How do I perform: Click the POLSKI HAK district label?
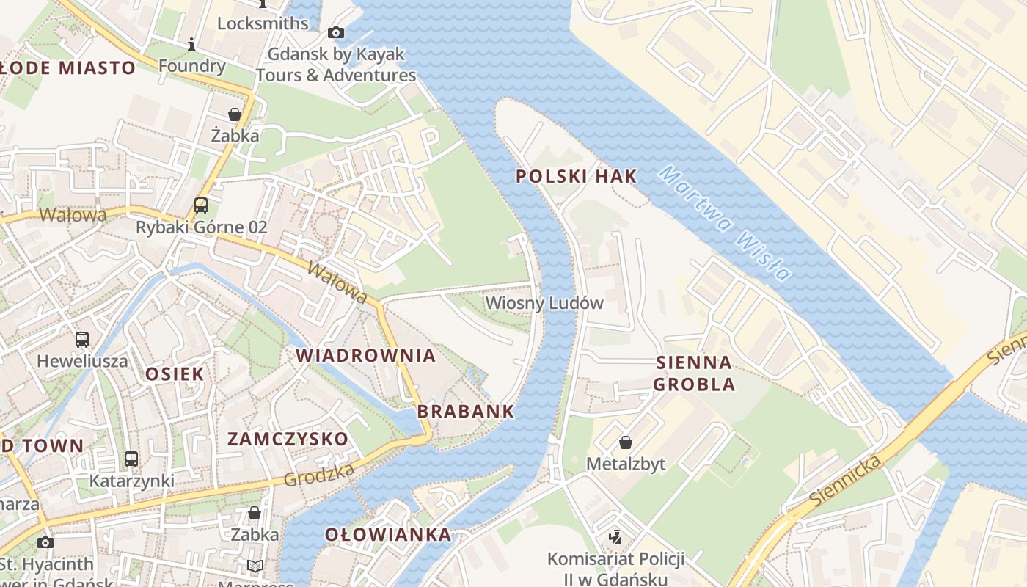576,176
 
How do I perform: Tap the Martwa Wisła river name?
725,224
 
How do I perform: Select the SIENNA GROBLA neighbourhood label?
693,373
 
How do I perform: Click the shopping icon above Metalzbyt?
626,442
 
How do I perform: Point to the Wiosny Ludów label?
544,303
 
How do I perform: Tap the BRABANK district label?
466,411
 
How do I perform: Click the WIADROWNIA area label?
365,356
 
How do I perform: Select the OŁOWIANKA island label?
388,534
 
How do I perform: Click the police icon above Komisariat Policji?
615,537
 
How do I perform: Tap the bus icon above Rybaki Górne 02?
201,205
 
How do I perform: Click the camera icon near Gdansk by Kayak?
336,32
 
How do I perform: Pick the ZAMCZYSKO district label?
288,439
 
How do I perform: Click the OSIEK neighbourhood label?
175,373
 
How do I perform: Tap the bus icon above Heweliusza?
82,340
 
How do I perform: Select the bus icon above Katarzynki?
131,459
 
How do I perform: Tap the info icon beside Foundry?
191,45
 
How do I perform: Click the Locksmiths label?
263,23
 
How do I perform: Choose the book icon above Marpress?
255,566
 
